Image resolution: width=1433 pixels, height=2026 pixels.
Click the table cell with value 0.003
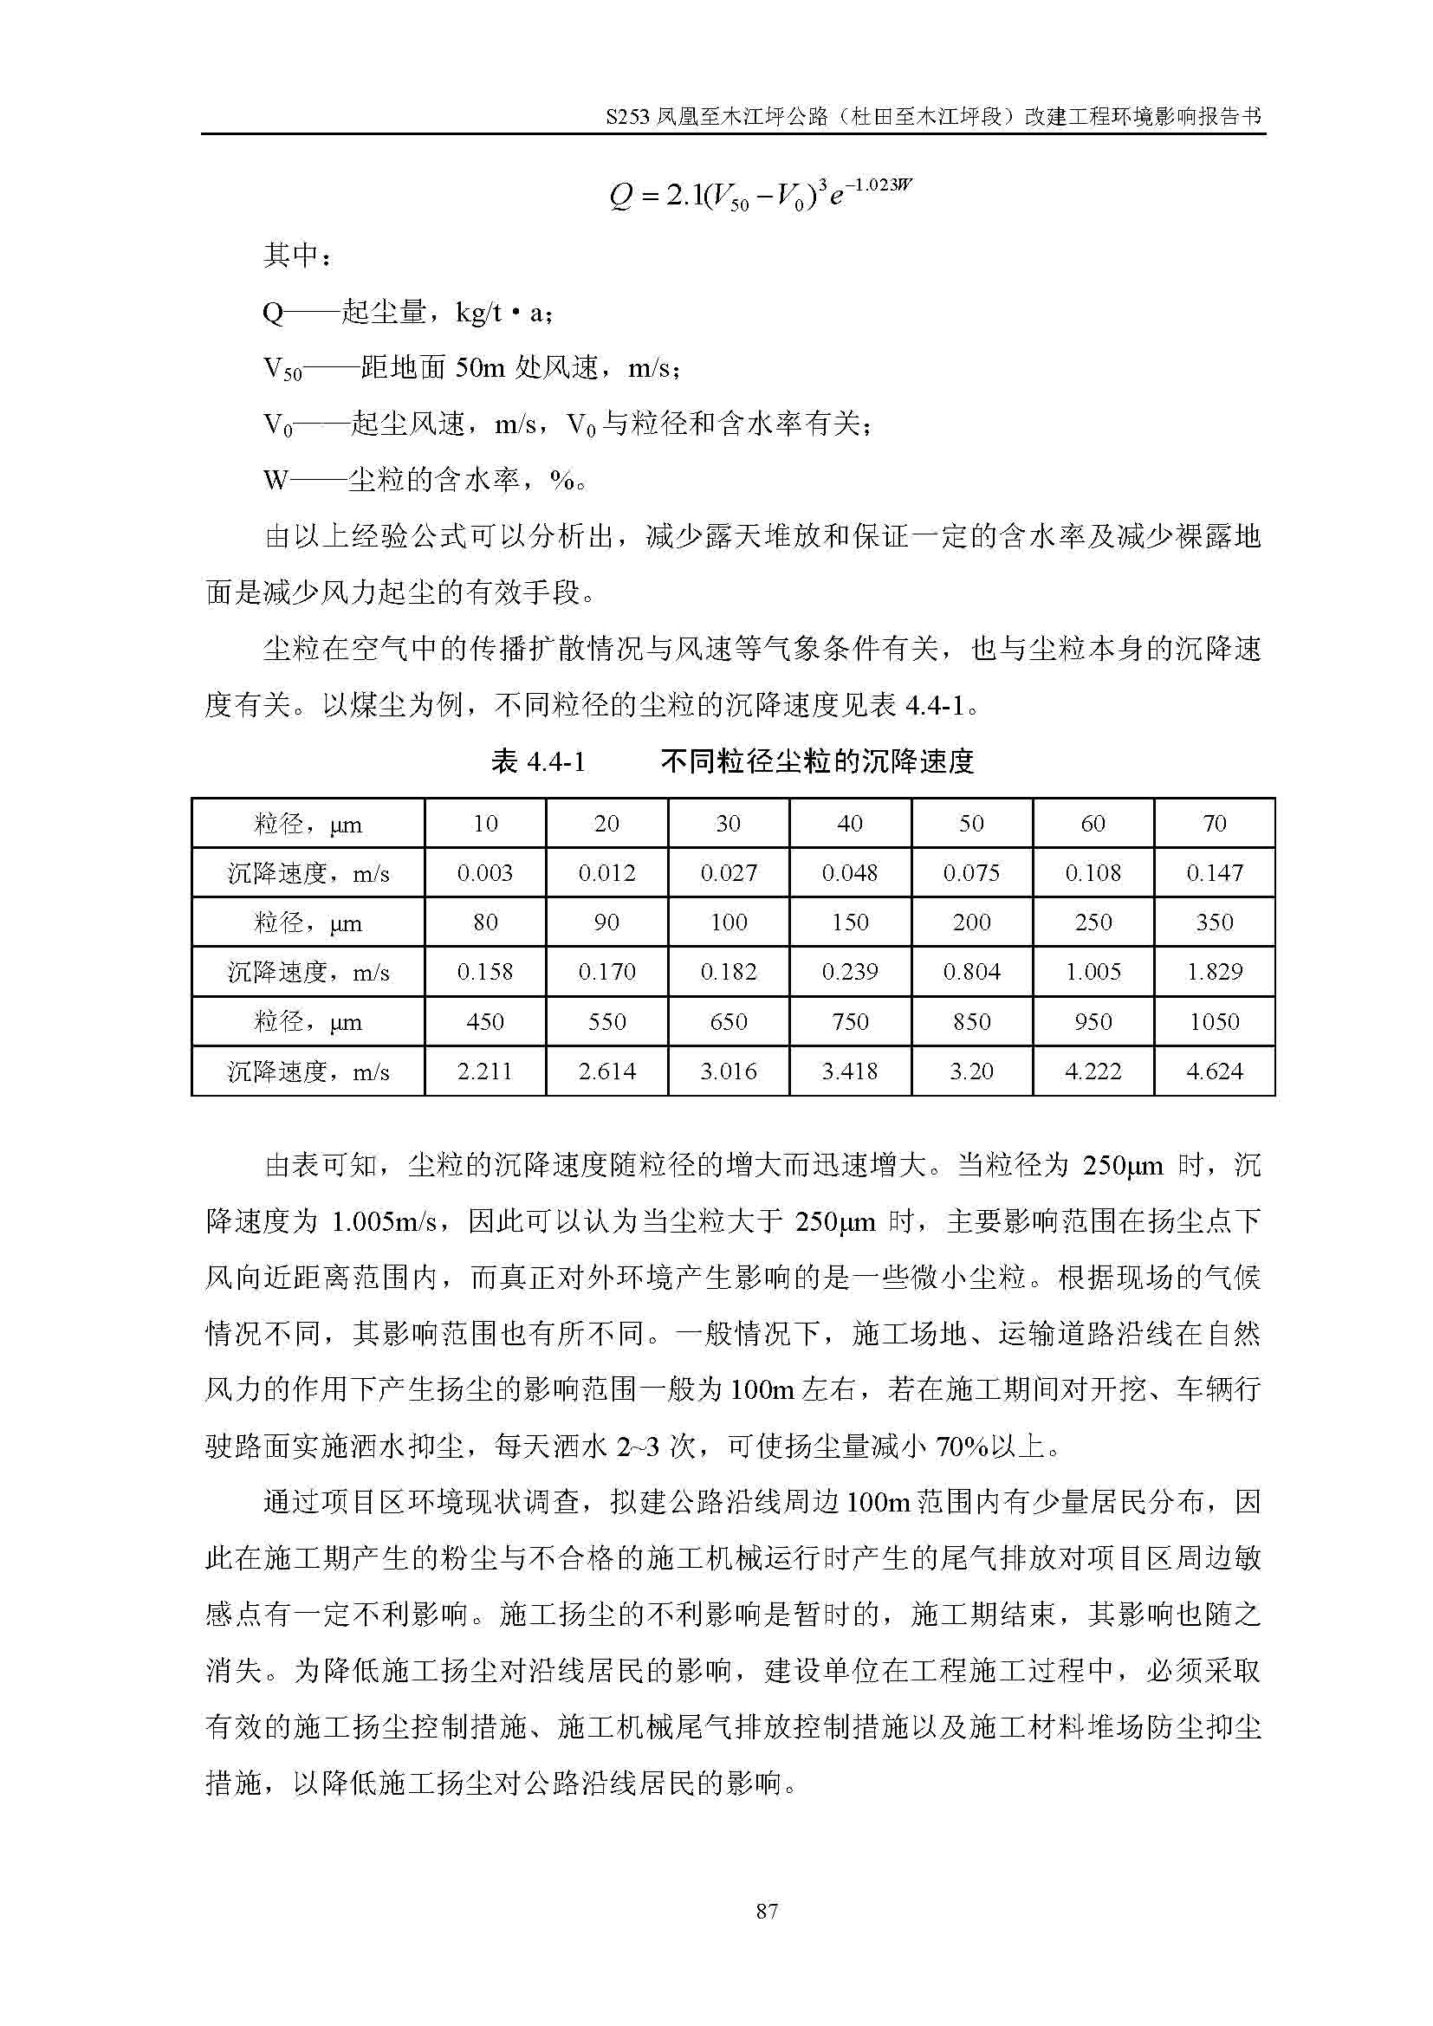pyautogui.click(x=484, y=874)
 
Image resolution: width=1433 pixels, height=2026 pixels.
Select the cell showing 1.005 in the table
pyautogui.click(x=1093, y=973)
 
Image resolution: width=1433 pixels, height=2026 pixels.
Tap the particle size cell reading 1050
pyautogui.click(x=1214, y=1022)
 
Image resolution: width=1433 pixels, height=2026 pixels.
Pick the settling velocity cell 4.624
pyautogui.click(x=1214, y=1071)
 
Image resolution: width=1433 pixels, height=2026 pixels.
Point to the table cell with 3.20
pyautogui.click(x=970, y=1071)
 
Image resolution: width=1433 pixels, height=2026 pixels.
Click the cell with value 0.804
pyautogui.click(x=970, y=973)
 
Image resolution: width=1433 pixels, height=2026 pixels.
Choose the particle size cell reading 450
pyautogui.click(x=484, y=1022)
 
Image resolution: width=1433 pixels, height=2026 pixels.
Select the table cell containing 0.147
pyautogui.click(x=1214, y=874)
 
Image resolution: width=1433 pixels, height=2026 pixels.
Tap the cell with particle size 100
pyautogui.click(x=728, y=923)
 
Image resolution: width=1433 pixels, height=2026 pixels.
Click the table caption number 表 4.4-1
pyautogui.click(x=537, y=761)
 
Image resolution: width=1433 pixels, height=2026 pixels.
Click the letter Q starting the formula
pyautogui.click(x=620, y=197)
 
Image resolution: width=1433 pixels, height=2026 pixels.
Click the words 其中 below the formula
pyautogui.click(x=290, y=256)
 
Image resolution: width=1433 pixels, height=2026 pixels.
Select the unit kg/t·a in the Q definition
pyautogui.click(x=503, y=313)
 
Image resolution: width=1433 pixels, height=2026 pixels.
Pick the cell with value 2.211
pyautogui.click(x=484, y=1071)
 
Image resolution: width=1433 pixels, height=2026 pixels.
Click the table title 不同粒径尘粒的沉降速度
pyautogui.click(x=817, y=761)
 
